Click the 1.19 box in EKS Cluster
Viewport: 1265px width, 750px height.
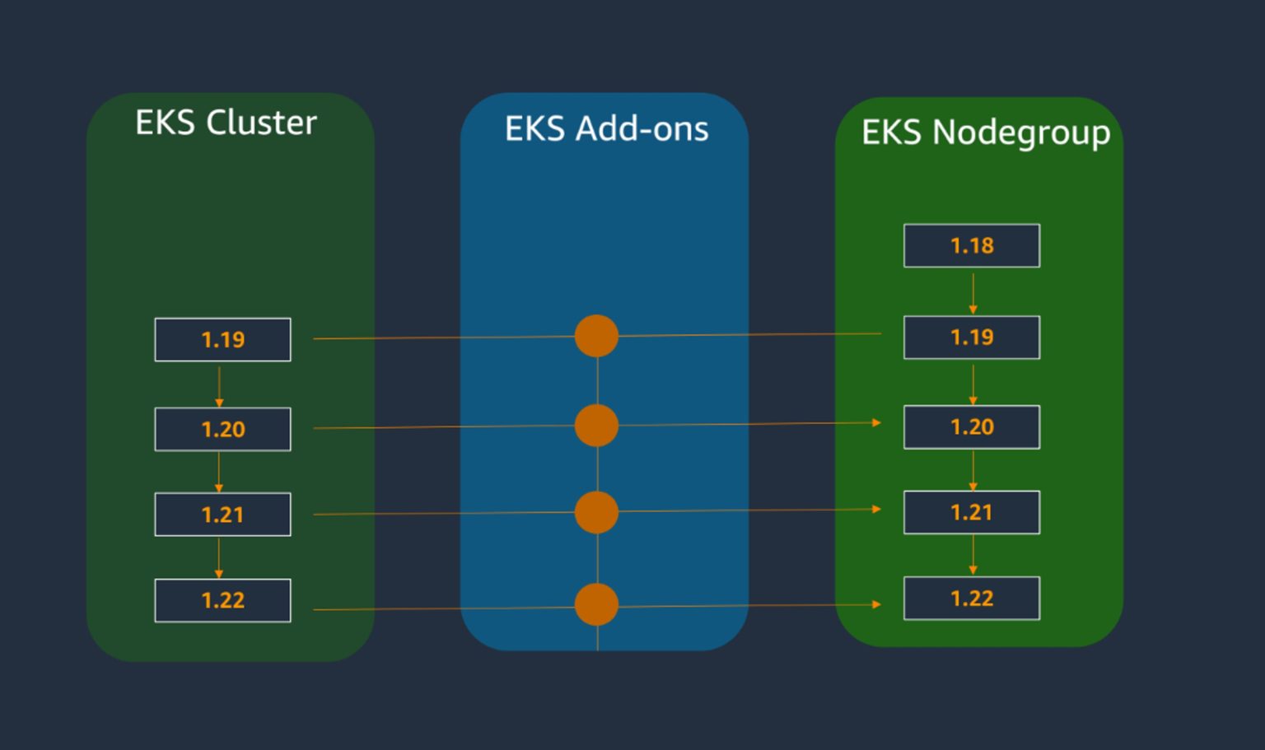(x=222, y=339)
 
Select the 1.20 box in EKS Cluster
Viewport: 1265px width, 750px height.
(x=222, y=429)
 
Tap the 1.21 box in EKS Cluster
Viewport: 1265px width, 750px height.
(x=222, y=515)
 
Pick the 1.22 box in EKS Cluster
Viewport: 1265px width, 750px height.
(x=222, y=600)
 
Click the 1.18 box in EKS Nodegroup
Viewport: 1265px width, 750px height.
(x=972, y=245)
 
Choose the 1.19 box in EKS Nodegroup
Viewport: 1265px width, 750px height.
(x=972, y=337)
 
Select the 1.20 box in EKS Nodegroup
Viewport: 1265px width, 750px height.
(x=972, y=426)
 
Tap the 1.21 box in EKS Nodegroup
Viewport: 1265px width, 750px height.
(x=972, y=512)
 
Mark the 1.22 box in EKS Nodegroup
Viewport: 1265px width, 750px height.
(x=972, y=599)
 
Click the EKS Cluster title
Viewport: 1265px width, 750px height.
(x=226, y=123)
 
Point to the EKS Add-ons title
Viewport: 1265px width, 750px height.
(x=606, y=128)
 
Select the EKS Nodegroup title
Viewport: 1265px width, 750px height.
(x=985, y=133)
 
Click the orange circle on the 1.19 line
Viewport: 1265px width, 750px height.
(x=596, y=336)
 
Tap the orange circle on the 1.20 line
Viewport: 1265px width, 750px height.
(x=596, y=426)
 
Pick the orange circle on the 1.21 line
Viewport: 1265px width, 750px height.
(x=596, y=512)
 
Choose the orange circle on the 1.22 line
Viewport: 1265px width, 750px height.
(x=596, y=605)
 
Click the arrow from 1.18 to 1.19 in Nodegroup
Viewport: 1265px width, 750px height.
(x=973, y=293)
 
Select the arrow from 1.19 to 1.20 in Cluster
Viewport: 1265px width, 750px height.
(x=219, y=386)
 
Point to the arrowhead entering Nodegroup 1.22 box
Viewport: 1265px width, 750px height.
(x=876, y=604)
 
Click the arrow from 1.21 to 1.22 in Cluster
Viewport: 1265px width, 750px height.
(x=219, y=558)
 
